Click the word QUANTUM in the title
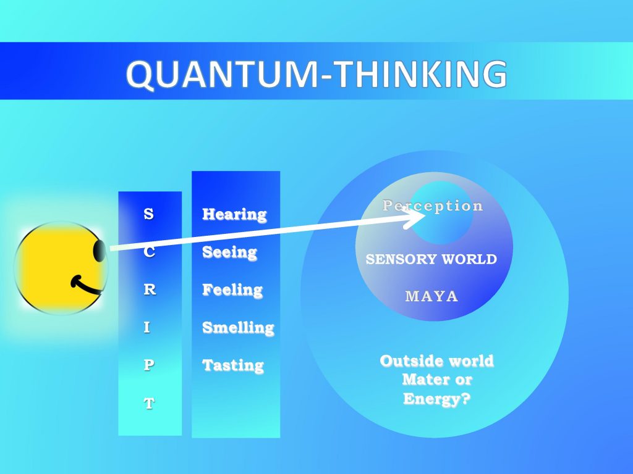[x=223, y=75]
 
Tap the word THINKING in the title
[x=421, y=74]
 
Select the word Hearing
[x=234, y=214]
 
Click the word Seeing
[x=230, y=252]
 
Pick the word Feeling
[x=232, y=290]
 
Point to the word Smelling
[x=238, y=328]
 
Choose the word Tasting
[x=233, y=365]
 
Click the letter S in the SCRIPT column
[x=148, y=214]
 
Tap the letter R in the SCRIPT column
[x=150, y=289]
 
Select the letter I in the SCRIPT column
[x=147, y=327]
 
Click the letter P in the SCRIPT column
[x=148, y=365]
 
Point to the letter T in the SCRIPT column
[x=149, y=403]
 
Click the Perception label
[x=432, y=206]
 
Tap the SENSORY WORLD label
[x=431, y=259]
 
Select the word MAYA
[x=431, y=296]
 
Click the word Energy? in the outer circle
[x=437, y=399]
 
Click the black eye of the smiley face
[x=100, y=251]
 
